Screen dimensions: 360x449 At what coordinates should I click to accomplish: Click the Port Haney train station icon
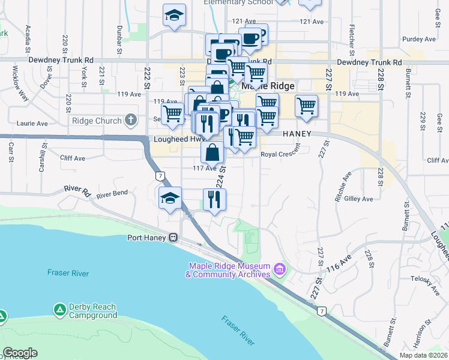coord(173,237)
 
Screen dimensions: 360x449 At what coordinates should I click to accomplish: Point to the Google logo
coord(20,353)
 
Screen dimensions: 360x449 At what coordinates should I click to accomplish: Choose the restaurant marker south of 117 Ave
coord(214,199)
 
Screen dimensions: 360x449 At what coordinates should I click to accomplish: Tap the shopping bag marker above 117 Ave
coord(212,152)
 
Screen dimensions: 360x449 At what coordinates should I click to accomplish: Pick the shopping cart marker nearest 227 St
coord(306,106)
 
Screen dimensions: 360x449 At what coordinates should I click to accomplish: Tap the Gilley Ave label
coord(358,199)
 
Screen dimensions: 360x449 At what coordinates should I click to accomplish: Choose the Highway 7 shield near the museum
coord(322,311)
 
